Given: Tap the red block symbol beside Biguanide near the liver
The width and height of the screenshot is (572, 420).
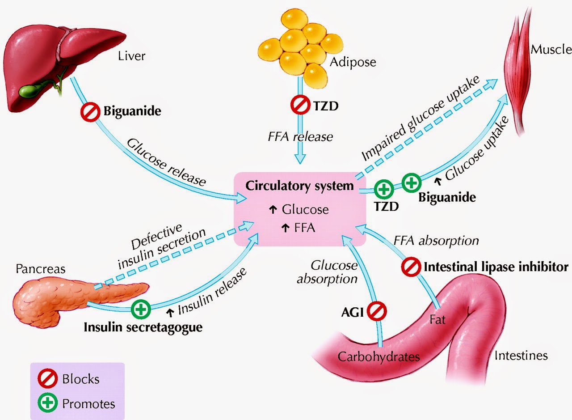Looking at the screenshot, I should coord(90,112).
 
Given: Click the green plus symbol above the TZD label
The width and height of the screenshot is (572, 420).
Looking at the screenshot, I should coord(383,189).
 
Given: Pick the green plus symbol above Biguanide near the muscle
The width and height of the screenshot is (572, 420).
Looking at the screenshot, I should coord(411,182).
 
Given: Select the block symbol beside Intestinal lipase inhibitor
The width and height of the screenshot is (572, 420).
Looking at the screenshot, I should coord(410,267).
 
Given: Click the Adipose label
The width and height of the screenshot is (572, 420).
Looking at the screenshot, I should coord(353,62).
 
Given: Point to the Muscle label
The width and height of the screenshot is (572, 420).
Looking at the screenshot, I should coord(551,49).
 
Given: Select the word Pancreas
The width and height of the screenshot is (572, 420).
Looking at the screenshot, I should coord(40,269).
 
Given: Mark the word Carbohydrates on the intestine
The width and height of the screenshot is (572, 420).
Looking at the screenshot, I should coord(379,356).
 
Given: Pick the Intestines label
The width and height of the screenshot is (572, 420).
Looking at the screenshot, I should coord(521,356).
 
